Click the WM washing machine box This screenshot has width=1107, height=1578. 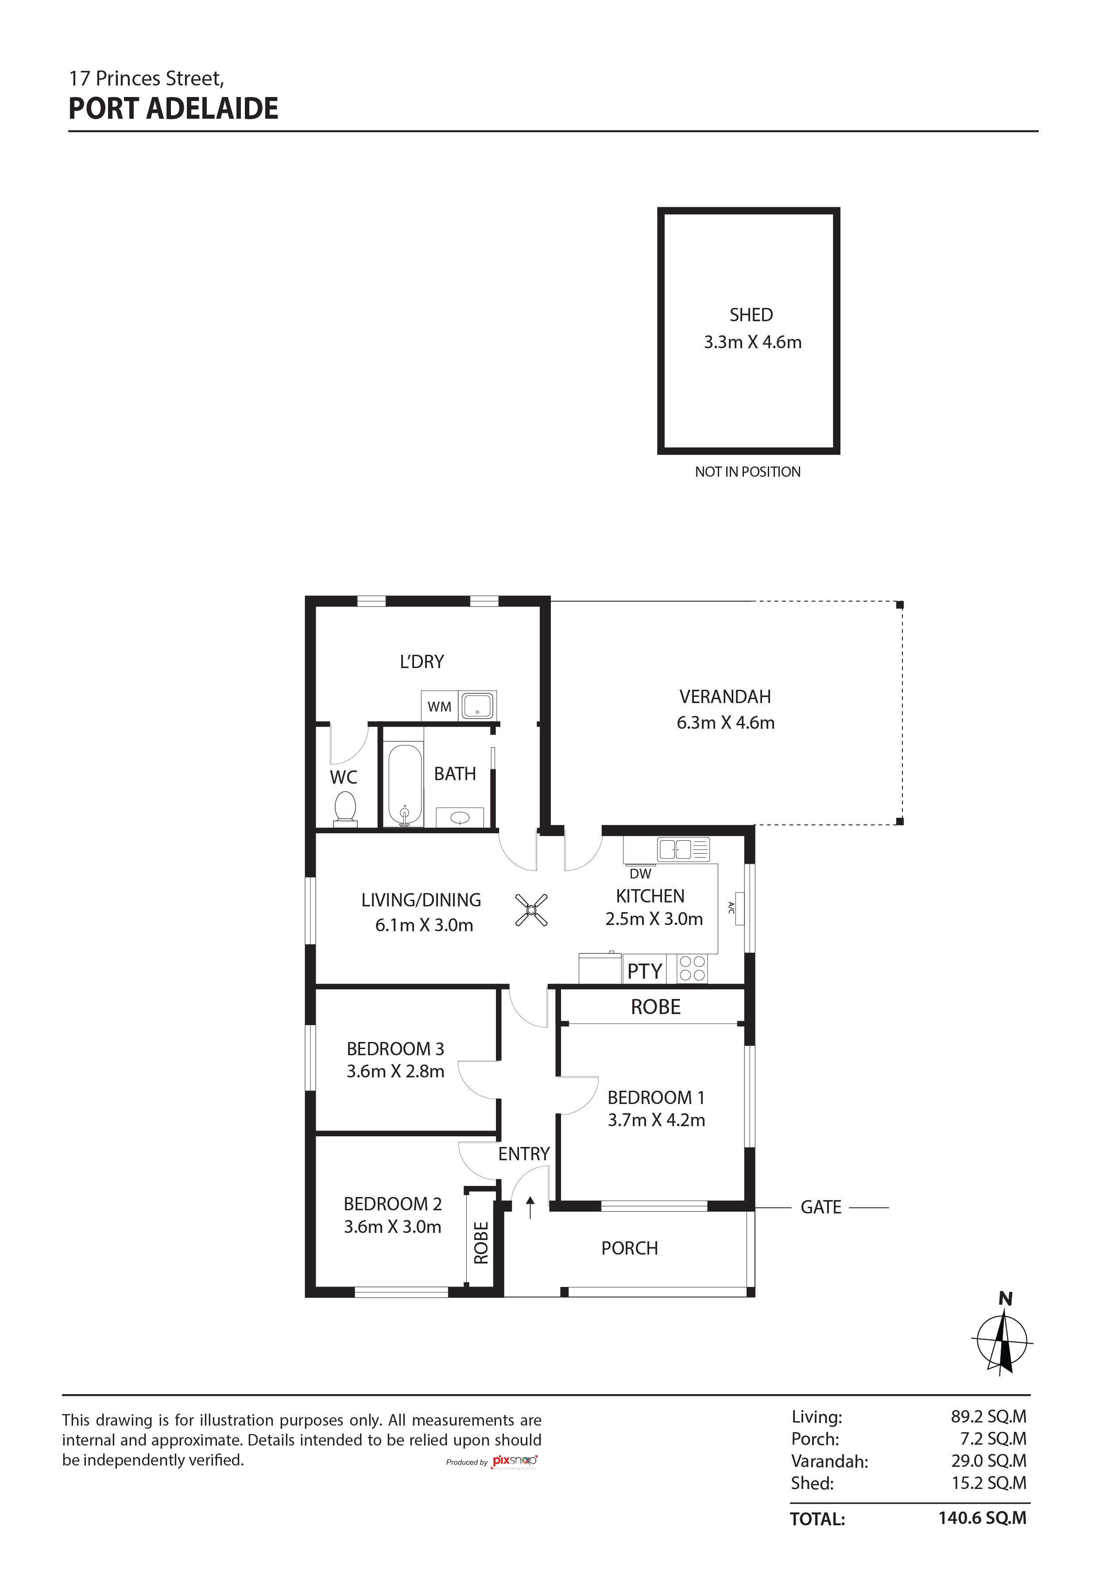[439, 707]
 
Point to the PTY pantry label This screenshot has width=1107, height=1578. [645, 971]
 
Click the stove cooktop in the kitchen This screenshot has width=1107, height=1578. [692, 968]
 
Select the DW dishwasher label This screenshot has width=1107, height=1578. [640, 874]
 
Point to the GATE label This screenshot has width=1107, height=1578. [821, 1208]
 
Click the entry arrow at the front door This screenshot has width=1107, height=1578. [530, 1207]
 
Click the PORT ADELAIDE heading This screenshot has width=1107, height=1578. [173, 109]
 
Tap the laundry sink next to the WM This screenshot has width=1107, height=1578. [477, 706]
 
